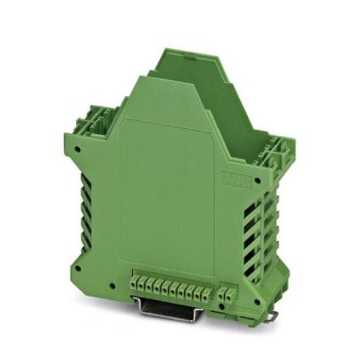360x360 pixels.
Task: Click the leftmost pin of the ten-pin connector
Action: (133, 284)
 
